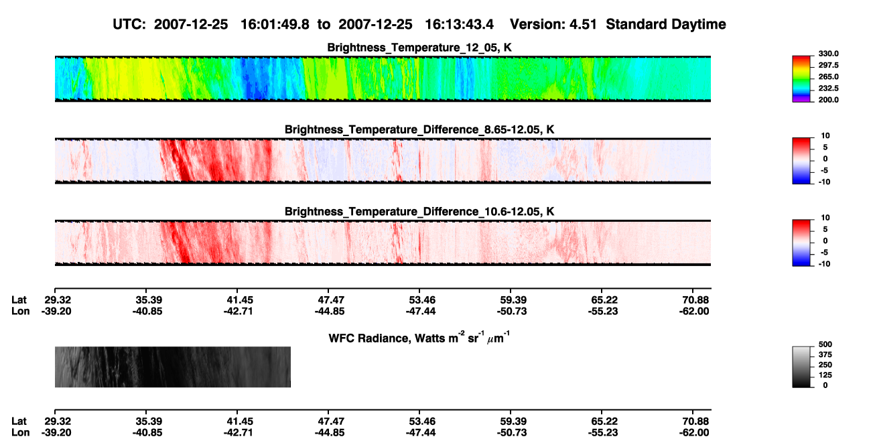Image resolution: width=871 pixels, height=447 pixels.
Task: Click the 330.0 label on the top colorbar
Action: (828, 54)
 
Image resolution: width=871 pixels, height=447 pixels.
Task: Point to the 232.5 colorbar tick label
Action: (828, 88)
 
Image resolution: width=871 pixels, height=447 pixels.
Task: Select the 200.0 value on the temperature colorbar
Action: (828, 100)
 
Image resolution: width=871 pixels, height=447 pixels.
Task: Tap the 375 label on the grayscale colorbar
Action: (825, 355)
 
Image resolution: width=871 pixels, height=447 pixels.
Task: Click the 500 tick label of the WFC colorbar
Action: (825, 344)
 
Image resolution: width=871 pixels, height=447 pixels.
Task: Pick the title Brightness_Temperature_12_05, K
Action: (419, 48)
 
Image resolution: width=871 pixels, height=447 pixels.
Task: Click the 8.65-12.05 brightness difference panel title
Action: (419, 129)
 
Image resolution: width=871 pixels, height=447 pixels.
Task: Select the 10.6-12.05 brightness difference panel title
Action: (419, 212)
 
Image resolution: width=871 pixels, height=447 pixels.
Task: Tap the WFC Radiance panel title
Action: (419, 338)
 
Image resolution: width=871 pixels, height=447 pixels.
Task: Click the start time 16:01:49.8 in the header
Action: (275, 25)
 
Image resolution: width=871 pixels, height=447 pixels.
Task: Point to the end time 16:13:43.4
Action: (459, 25)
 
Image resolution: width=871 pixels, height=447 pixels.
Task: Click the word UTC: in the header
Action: (129, 25)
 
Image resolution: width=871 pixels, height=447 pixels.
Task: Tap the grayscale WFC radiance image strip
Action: (173, 367)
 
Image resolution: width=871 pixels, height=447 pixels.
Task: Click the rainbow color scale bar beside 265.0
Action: (801, 79)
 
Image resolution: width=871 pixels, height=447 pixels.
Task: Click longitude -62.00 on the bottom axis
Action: (694, 433)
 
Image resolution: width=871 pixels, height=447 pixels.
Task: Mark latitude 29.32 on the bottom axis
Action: (58, 422)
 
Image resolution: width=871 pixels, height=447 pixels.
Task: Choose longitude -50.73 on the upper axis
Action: (512, 311)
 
